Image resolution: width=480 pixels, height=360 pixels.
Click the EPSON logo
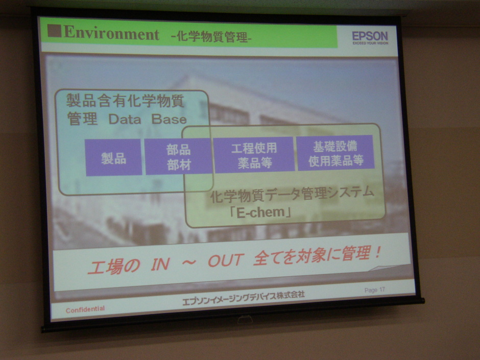coord(370,38)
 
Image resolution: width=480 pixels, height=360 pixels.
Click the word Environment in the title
coord(111,33)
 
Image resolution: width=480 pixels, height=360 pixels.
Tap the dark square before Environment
coord(54,31)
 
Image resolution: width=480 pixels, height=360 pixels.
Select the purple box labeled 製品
coord(113,157)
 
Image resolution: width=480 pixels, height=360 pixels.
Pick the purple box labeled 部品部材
coord(179,156)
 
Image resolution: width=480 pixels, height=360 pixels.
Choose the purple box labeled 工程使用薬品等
coord(254,155)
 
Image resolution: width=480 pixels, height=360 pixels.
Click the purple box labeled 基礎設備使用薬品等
coord(335,153)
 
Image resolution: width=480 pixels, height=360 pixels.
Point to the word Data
coord(125,119)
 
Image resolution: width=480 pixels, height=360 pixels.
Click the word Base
coord(169,119)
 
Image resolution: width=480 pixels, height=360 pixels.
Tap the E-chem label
coord(260,212)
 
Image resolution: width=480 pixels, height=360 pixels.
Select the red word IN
coord(160,264)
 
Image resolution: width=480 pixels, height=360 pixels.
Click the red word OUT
coord(226,260)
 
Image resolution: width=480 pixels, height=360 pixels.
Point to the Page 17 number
coord(374,290)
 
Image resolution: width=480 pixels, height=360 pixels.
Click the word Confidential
coord(85,309)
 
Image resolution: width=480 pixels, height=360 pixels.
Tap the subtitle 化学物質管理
coord(211,37)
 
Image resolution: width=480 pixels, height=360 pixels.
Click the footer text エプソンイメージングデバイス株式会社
coord(244,298)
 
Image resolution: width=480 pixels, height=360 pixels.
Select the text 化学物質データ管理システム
coord(292,195)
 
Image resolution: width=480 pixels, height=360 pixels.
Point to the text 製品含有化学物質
coord(125,101)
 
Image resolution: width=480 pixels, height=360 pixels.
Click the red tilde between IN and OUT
coord(189,262)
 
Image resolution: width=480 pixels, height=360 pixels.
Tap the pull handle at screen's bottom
coord(245,320)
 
